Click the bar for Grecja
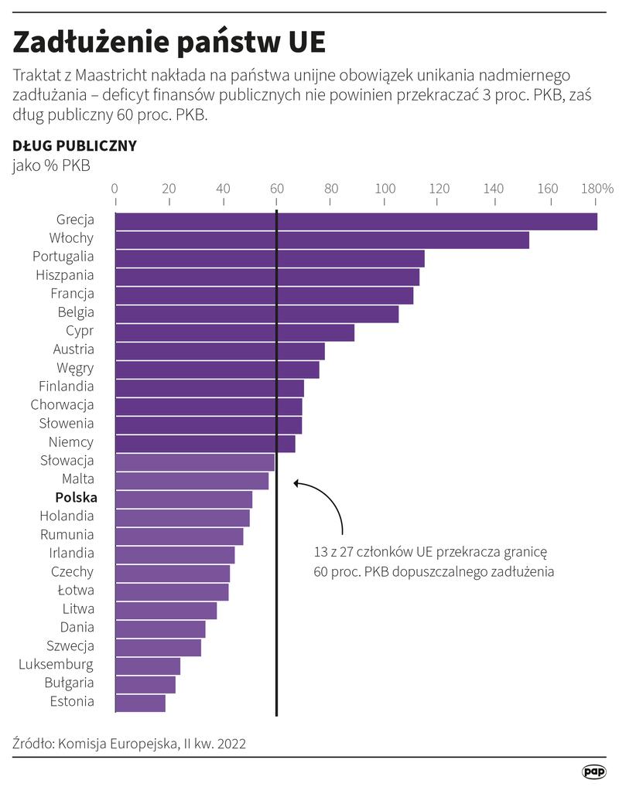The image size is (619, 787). (356, 221)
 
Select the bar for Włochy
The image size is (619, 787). (322, 240)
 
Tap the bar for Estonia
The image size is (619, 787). (140, 703)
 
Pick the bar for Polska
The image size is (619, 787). (183, 499)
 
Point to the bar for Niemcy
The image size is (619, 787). (205, 444)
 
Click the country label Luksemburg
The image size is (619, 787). (56, 664)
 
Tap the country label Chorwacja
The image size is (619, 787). (63, 404)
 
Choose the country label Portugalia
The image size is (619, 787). (63, 256)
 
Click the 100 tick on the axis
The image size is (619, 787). (385, 189)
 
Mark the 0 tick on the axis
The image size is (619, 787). (115, 189)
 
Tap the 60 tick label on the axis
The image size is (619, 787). (276, 189)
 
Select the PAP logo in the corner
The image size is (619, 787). (593, 771)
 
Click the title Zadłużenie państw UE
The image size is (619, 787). (169, 41)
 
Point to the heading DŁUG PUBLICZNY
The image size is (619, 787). (74, 145)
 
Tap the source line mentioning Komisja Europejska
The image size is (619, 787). (129, 744)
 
